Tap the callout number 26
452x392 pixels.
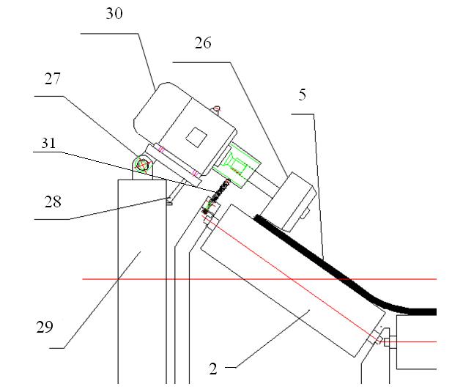point(203,44)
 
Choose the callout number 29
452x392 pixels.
point(45,326)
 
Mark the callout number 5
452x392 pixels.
point(302,96)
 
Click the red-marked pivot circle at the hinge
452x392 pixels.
point(142,166)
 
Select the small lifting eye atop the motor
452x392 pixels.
point(217,110)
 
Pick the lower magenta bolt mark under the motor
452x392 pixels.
point(195,174)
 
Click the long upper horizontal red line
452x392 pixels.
point(256,279)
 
